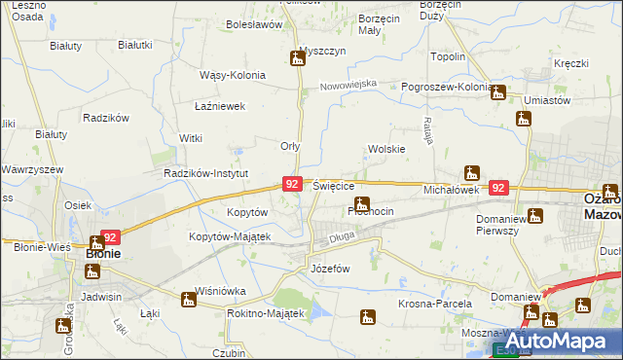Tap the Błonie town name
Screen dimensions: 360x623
103,254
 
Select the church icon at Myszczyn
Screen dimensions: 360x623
297,58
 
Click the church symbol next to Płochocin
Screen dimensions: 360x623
362,204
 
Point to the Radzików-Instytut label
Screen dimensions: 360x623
207,173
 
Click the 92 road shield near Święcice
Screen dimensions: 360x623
292,183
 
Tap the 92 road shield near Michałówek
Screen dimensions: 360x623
499,188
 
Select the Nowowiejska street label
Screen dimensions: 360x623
350,85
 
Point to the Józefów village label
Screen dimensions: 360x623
328,268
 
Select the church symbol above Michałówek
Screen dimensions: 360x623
472,173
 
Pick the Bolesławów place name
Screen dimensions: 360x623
253,24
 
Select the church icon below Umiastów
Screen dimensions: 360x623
524,119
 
